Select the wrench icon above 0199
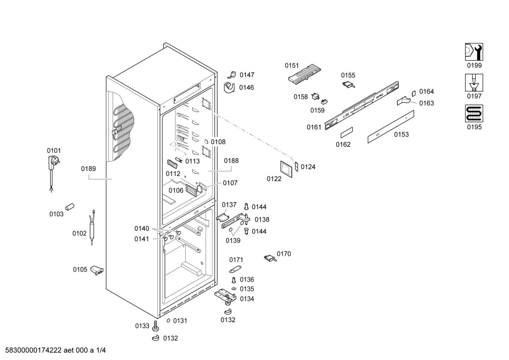474,52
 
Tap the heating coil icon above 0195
474,113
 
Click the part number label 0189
88,169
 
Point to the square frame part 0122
286,170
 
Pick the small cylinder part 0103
70,206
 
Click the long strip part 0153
390,126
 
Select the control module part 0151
304,74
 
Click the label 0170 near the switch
284,254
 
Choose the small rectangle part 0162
346,132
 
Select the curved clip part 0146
230,87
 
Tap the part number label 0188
231,161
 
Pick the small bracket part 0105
97,270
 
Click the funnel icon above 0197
474,83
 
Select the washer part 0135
233,289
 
